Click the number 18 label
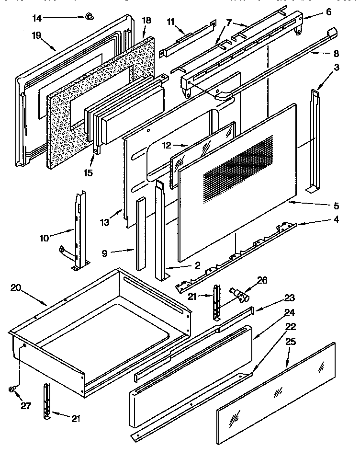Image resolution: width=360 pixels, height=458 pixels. click(x=146, y=20)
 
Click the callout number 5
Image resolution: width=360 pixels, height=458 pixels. click(x=336, y=206)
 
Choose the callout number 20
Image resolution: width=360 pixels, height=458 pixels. click(x=16, y=287)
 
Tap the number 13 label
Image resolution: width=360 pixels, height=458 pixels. click(x=105, y=222)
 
